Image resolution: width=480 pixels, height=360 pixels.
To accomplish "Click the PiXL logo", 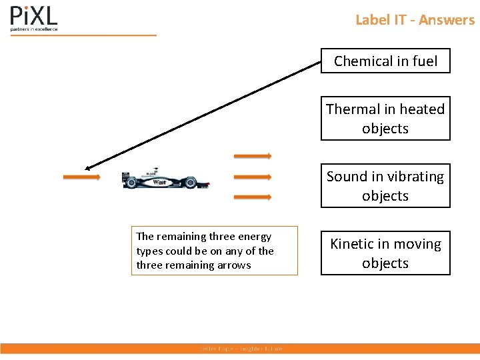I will point(33,16).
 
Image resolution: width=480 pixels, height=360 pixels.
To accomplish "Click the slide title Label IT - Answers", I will point(415,20).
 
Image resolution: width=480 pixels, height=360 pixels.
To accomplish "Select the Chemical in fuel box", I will point(385,61).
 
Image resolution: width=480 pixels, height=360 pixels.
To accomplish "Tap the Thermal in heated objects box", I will point(385,118).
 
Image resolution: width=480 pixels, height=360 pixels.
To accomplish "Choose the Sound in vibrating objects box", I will point(385,186).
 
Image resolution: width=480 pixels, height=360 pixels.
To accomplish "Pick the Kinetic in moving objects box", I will point(385,253).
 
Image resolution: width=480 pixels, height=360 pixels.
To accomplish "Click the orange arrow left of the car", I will point(81,177).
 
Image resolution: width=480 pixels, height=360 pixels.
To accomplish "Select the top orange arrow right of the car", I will point(252,156).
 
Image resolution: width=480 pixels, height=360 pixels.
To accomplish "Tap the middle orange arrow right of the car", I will point(252,177).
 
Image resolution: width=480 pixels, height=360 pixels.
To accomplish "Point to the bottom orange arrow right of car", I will point(252,197).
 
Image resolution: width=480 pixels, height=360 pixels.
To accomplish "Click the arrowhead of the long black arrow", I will point(89,168).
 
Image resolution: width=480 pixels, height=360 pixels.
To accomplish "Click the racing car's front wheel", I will point(190,181).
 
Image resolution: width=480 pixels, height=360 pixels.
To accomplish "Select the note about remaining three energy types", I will point(214,251).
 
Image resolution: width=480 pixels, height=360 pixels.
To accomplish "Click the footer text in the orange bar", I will point(241,349).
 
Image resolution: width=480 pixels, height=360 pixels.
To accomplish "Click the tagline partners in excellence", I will point(34,29).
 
